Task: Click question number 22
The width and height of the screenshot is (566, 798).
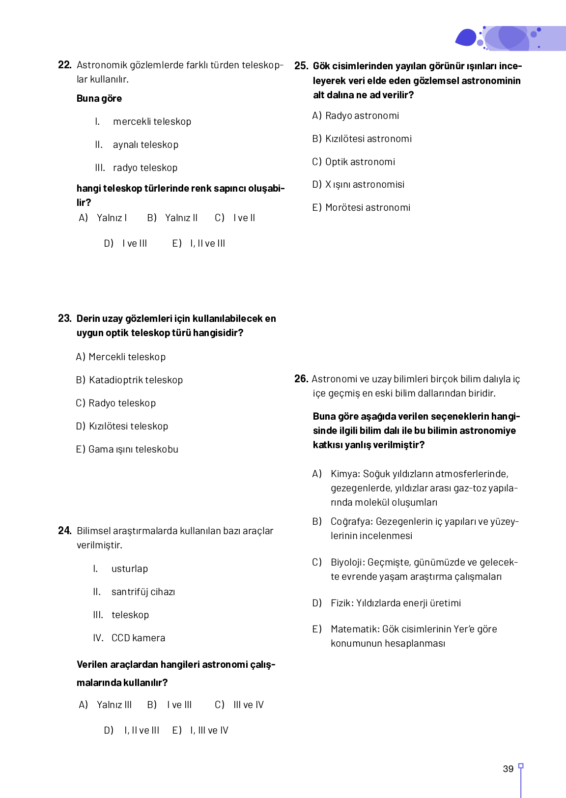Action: (64, 65)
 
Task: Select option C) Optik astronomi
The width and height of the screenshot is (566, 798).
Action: (353, 162)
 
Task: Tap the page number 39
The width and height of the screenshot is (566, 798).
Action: (508, 769)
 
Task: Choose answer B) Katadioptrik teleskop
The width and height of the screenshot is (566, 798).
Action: (129, 380)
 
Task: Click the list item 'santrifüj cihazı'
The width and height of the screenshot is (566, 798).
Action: (143, 592)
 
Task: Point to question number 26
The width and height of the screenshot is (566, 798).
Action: (301, 379)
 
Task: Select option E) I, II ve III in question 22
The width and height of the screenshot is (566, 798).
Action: (198, 243)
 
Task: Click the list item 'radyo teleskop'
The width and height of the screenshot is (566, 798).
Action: (145, 168)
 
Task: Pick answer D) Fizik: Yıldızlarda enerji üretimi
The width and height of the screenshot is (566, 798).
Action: (387, 603)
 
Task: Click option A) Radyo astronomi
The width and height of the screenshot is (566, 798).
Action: (355, 115)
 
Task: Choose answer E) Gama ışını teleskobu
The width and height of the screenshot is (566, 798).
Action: (127, 449)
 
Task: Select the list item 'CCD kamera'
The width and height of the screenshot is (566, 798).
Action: (138, 638)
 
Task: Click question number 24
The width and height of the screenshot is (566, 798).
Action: (64, 531)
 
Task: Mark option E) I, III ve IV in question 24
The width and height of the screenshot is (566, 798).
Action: (200, 730)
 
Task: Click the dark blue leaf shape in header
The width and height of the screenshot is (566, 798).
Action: (466, 38)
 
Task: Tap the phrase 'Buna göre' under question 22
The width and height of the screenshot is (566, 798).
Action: (99, 98)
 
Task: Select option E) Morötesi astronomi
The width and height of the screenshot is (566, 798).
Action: (361, 207)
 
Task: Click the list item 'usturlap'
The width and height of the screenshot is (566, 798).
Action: (129, 569)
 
